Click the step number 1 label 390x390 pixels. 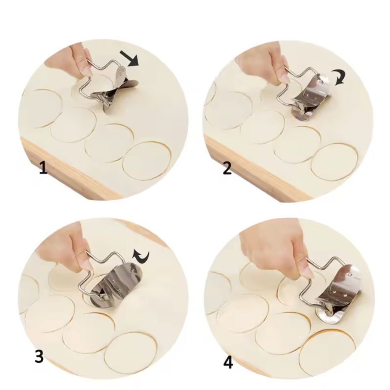[x=43, y=167]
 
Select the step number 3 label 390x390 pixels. [x=39, y=356]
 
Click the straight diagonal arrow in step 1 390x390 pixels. [x=129, y=58]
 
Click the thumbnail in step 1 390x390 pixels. [x=87, y=72]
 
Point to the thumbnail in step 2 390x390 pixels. [x=285, y=79]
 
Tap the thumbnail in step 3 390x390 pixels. [x=87, y=264]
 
